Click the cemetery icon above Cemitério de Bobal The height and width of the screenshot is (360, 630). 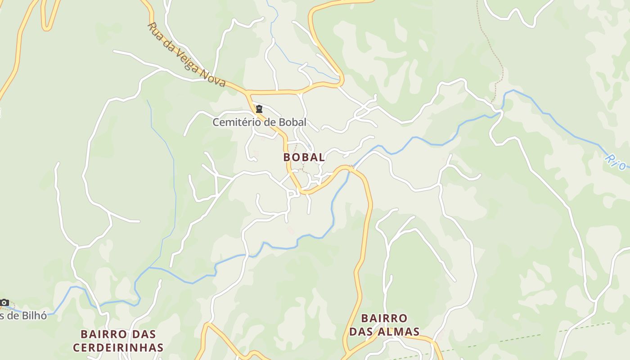click(259, 109)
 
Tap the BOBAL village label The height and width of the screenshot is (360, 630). click(304, 157)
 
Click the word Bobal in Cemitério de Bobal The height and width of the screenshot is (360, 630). click(292, 122)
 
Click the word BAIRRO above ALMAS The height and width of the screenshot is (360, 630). click(384, 319)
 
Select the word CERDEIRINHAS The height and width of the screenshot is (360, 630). click(118, 348)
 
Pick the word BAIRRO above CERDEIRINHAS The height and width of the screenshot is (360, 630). click(104, 334)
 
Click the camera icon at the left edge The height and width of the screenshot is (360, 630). click(4, 302)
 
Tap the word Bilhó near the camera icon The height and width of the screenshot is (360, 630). click(35, 315)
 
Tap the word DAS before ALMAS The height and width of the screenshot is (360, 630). click(360, 332)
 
